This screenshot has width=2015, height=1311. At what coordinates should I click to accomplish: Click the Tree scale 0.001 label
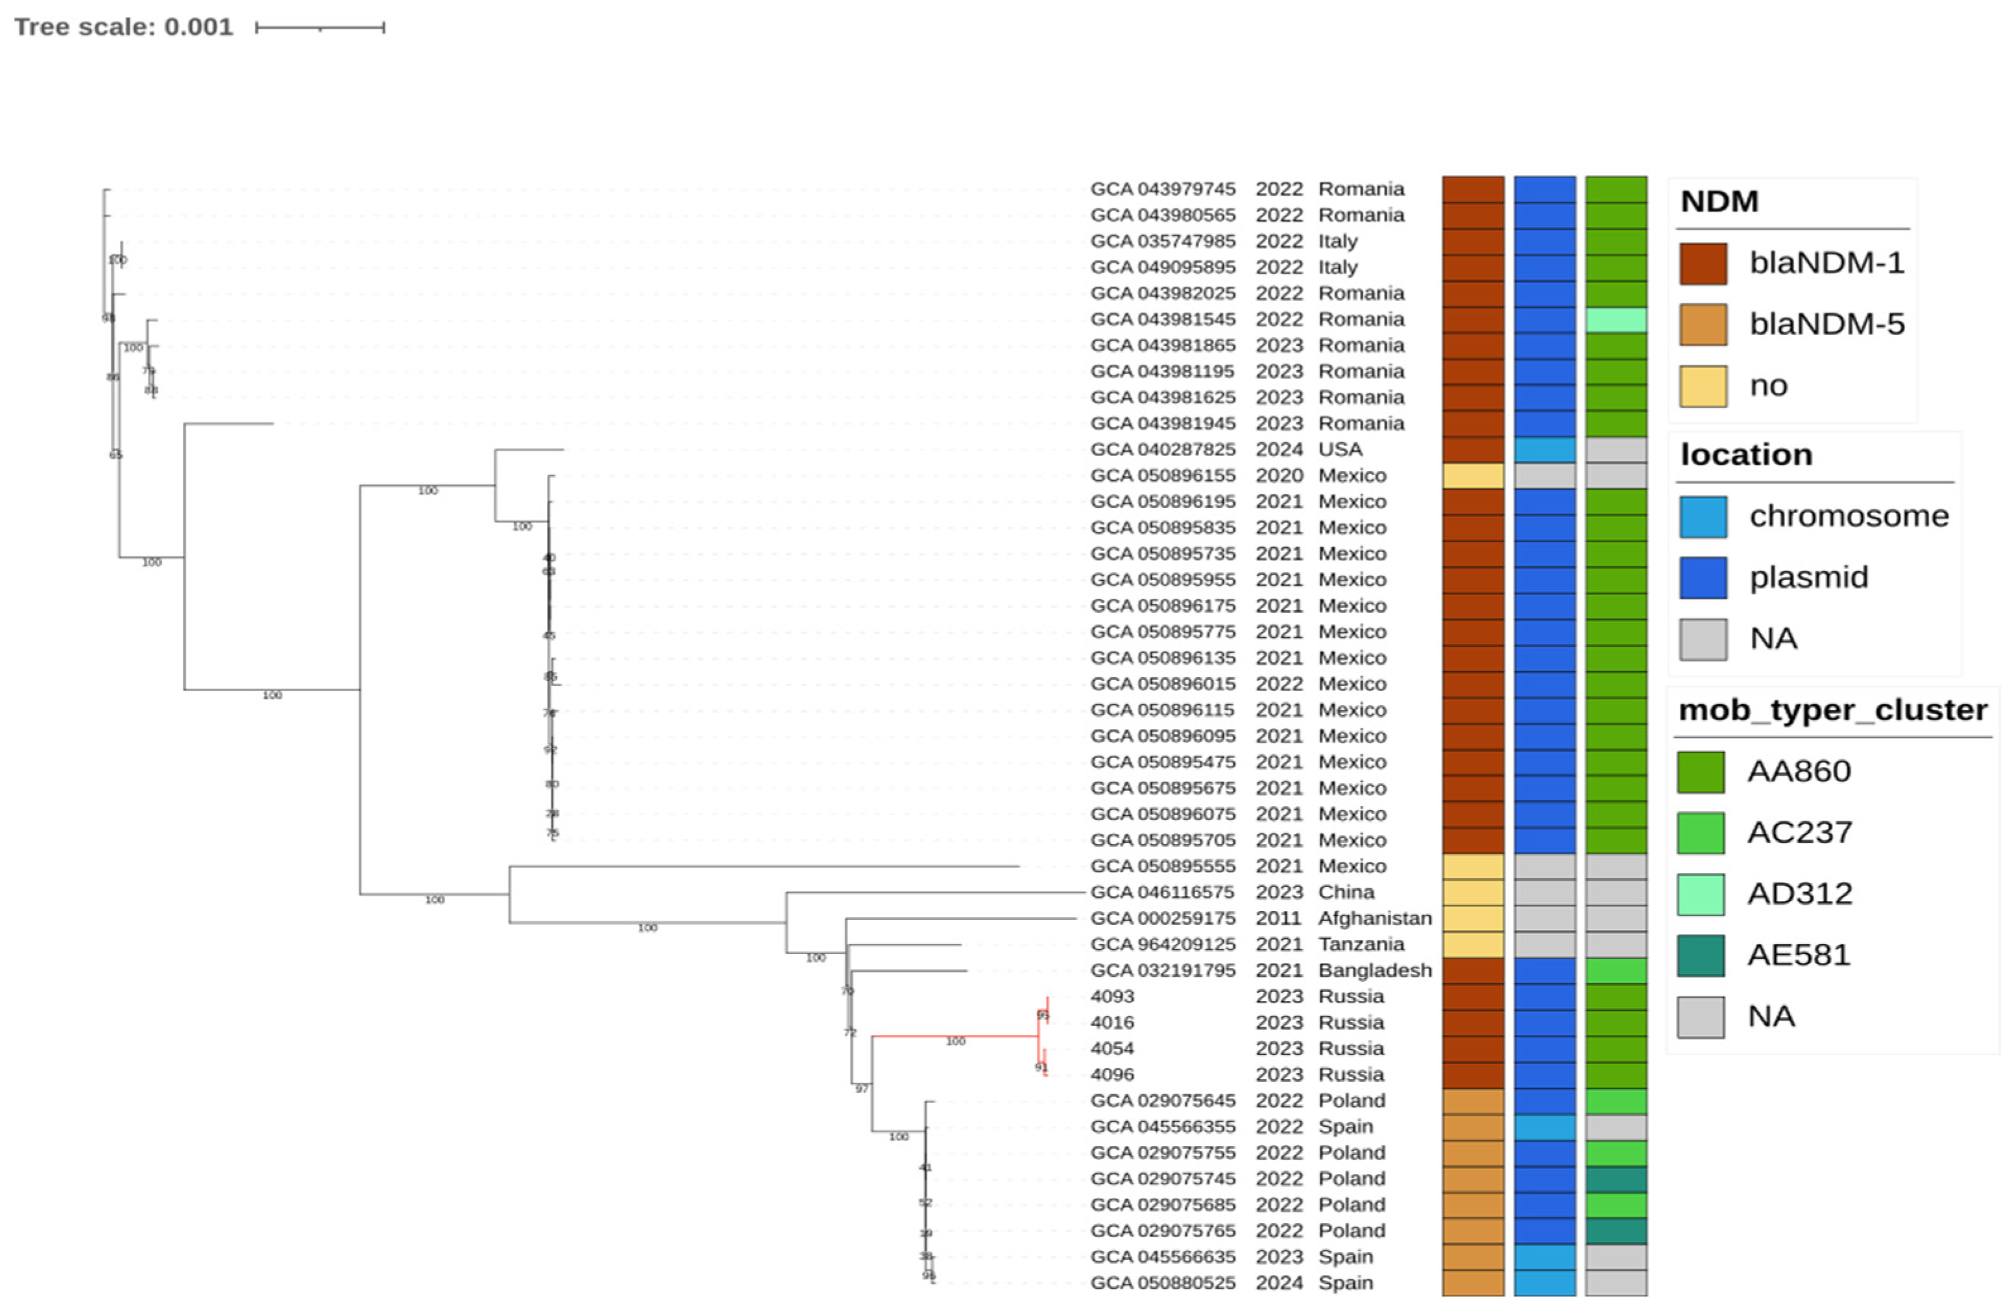coord(124,27)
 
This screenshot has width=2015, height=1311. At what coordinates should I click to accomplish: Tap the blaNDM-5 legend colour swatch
coord(1702,324)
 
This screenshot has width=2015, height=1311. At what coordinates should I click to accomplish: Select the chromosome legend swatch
coord(1702,517)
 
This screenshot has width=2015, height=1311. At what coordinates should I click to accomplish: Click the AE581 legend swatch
coord(1700,955)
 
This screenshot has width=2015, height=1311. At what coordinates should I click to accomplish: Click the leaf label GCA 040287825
coord(1163,450)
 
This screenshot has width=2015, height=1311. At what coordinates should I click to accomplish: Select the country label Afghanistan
coord(1374,918)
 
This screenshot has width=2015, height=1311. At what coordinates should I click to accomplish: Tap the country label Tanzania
coord(1361,945)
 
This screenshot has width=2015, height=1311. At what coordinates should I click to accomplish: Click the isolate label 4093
coord(1111,997)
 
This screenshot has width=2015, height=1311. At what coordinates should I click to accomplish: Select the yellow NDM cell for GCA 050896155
coord(1473,476)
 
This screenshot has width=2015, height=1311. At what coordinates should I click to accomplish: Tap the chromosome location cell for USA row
coord(1545,450)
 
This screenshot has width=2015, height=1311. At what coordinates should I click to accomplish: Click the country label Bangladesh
coord(1374,970)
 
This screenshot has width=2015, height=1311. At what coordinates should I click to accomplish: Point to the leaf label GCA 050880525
coord(1163,1283)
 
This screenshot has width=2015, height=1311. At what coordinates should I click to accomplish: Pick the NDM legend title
coord(1719,202)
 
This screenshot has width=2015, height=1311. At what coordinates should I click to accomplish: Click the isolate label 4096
coord(1111,1075)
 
